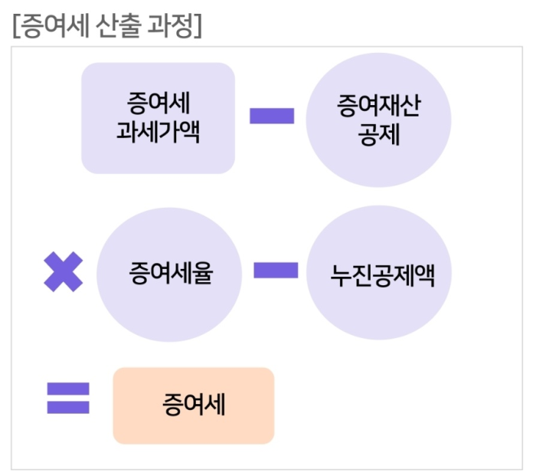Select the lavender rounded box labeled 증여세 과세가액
click(158, 117)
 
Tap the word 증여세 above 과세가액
click(158, 103)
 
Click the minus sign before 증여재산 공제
click(272, 117)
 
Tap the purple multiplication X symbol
click(63, 272)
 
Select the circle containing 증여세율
click(170, 272)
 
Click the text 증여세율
click(170, 273)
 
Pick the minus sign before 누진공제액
click(276, 271)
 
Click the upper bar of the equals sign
click(68, 389)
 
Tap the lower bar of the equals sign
click(68, 407)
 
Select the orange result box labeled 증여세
click(193, 405)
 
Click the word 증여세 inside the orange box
click(193, 405)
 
